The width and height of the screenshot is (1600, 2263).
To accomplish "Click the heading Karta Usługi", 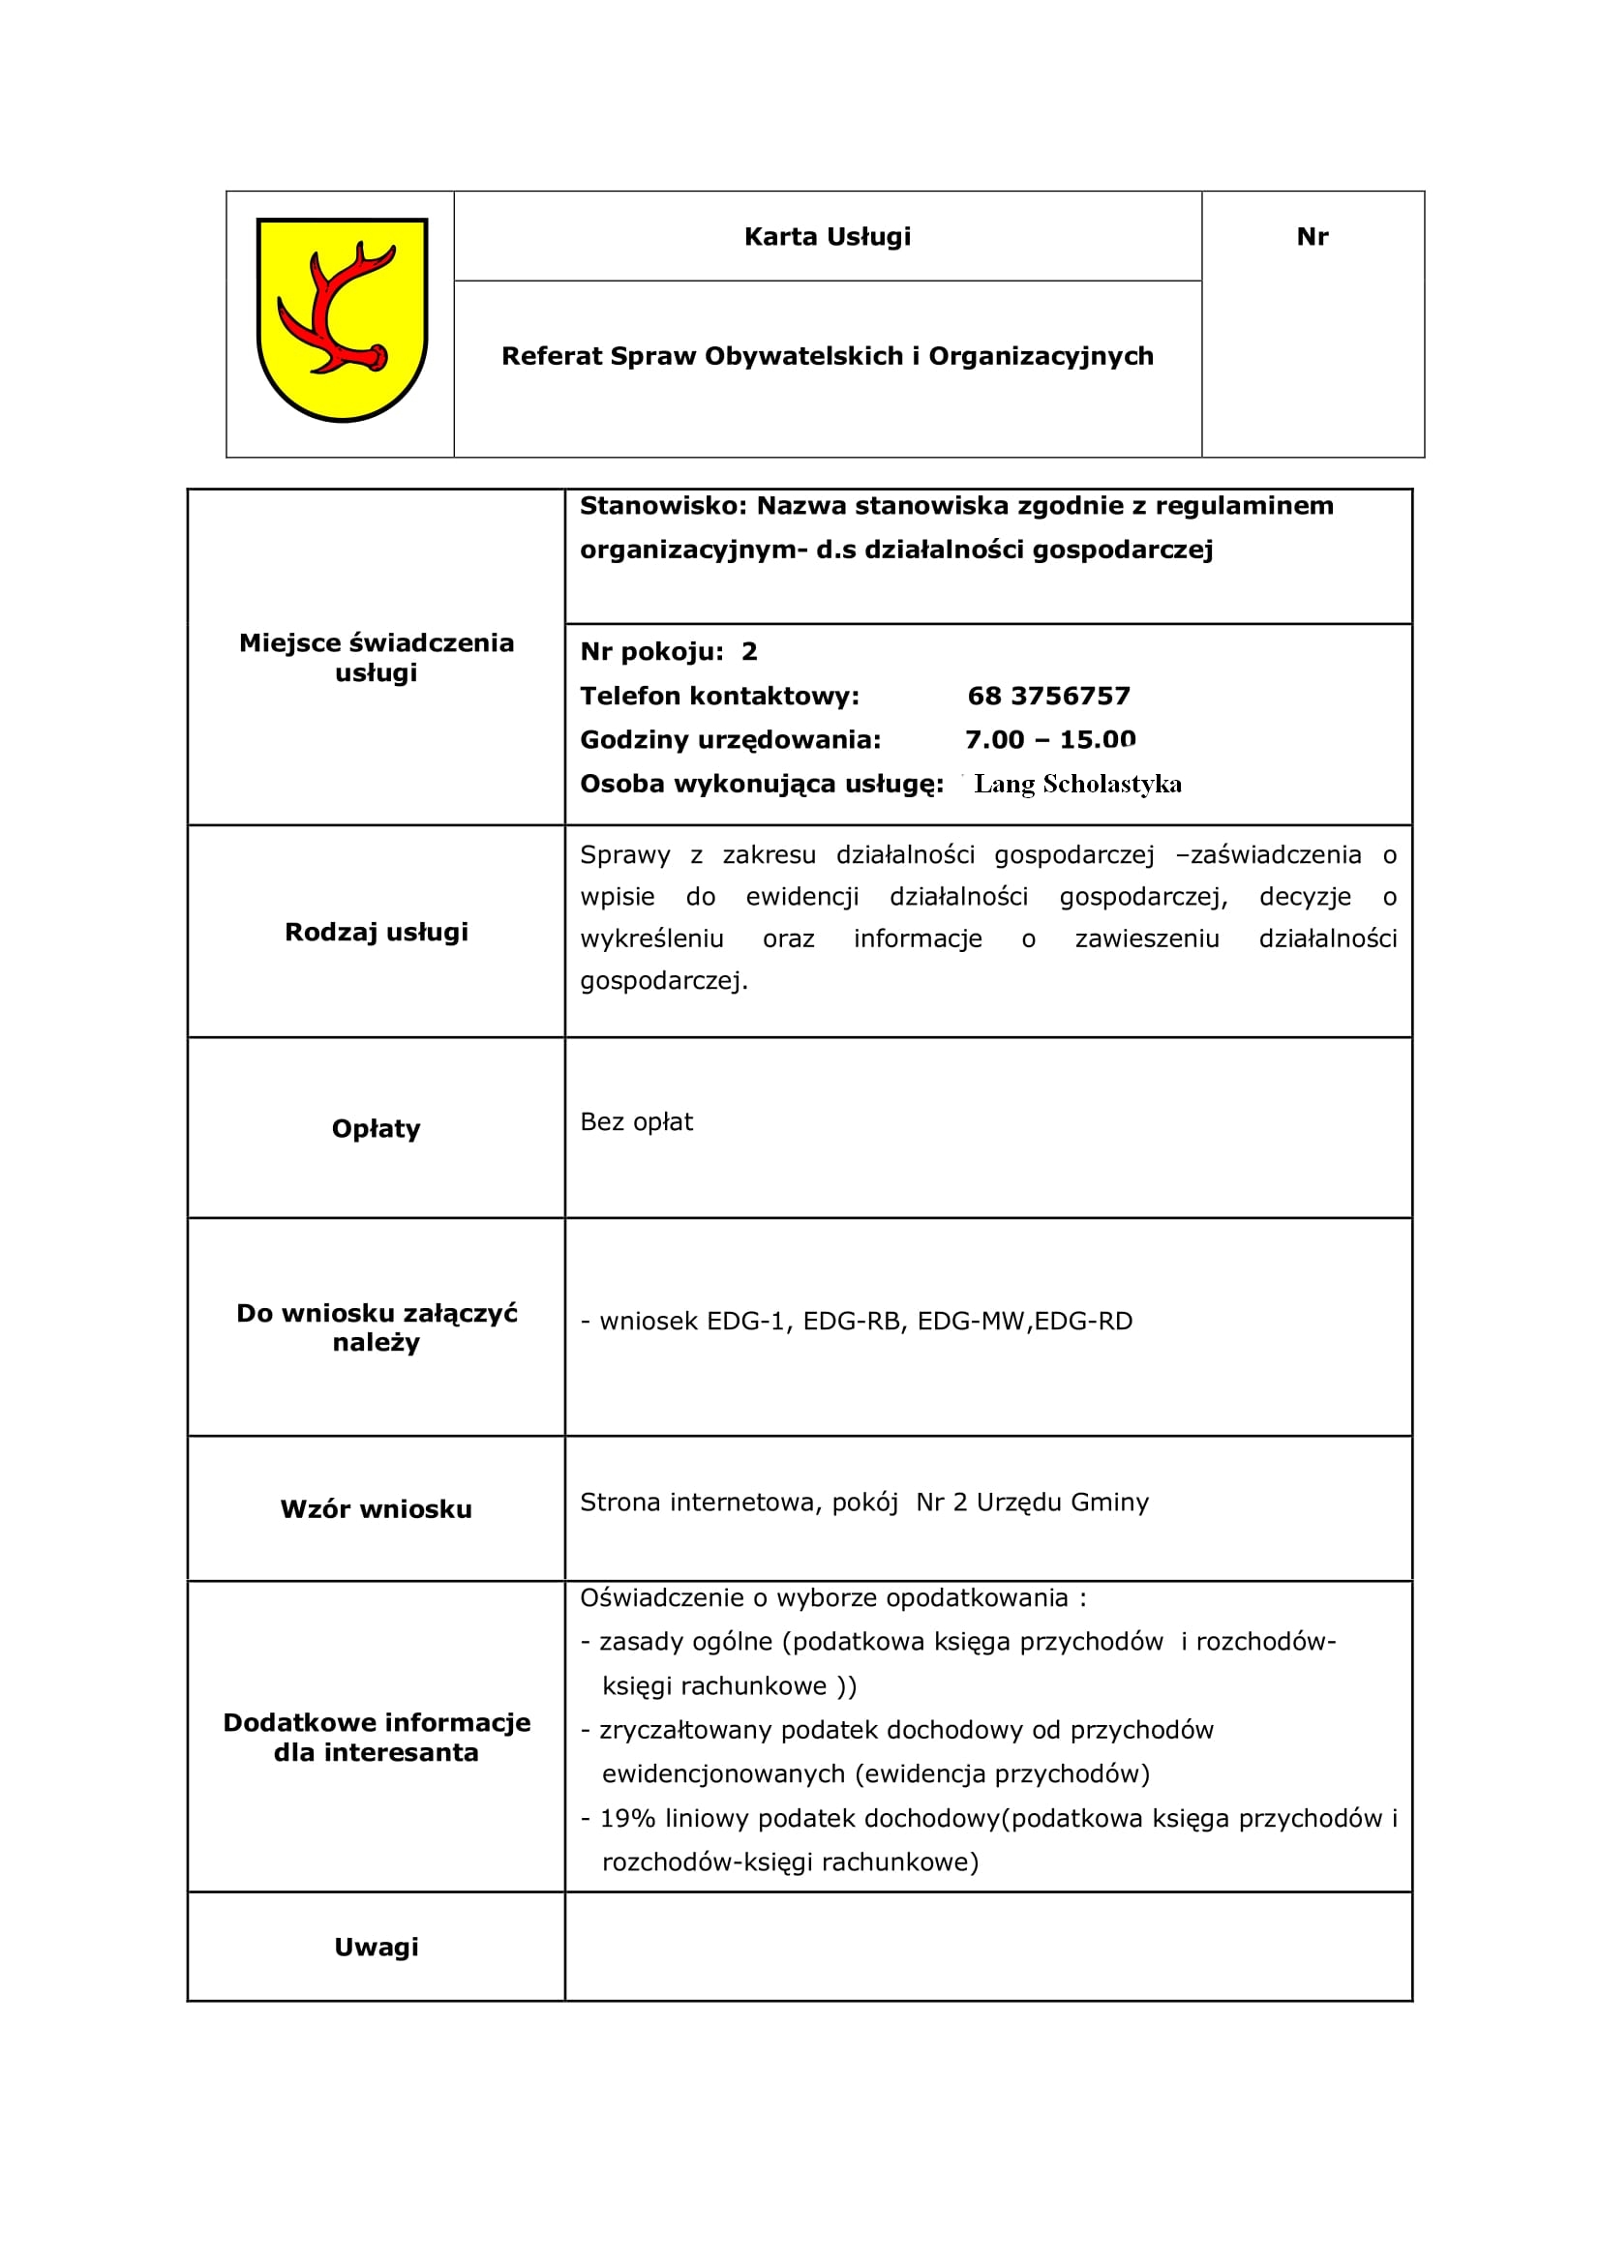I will (828, 236).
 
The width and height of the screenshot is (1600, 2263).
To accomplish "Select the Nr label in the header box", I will (1313, 236).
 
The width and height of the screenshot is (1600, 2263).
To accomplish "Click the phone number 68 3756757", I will (1048, 696).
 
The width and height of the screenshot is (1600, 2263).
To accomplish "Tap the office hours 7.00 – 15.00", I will (1050, 739).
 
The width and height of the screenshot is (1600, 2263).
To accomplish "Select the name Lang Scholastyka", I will (1077, 784).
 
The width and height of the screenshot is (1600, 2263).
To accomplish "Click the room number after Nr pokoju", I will (749, 651).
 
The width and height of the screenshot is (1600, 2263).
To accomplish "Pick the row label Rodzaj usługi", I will (376, 932).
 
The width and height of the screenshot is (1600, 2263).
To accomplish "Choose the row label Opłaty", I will (376, 1128).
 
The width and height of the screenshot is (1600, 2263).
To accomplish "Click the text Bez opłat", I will (636, 1121).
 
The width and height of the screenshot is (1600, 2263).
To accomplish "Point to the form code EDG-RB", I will (853, 1321).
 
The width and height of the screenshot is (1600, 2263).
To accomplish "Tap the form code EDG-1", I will (749, 1321).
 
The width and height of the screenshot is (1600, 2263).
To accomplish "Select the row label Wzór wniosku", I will (376, 1509).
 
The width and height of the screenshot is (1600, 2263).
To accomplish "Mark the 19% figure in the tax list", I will (627, 1819).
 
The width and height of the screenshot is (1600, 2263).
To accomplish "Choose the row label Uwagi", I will (376, 1947).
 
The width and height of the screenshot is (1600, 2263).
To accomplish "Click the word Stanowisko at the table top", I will (663, 506).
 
